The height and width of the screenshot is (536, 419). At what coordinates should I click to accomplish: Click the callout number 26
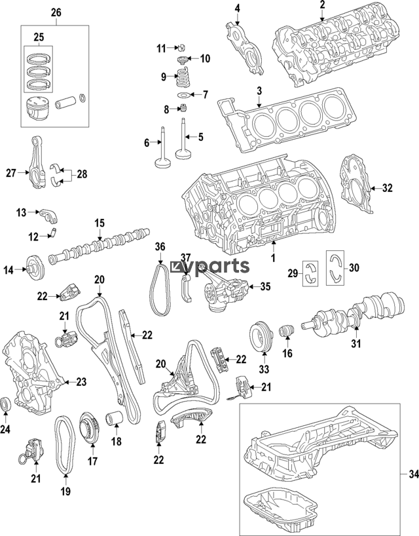(x=56, y=12)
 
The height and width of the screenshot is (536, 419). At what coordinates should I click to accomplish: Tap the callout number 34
(x=410, y=473)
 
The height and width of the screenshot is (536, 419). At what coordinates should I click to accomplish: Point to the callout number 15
(x=99, y=223)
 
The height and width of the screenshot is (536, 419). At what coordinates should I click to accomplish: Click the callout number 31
(x=355, y=343)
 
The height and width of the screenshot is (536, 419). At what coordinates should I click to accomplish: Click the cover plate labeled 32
(x=355, y=186)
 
